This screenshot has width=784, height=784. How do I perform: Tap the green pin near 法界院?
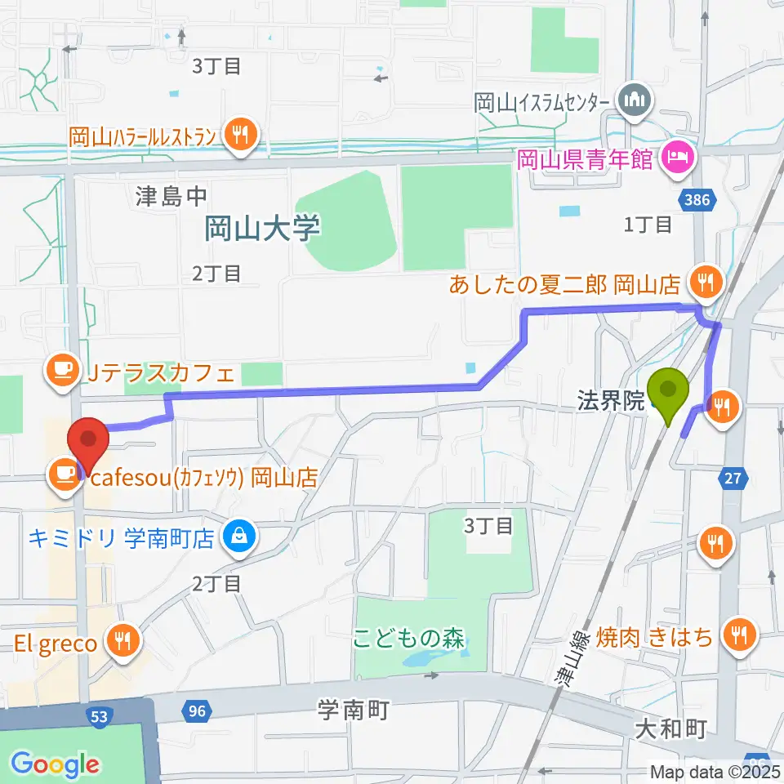coord(669,395)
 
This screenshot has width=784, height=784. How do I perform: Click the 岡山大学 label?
coord(261,228)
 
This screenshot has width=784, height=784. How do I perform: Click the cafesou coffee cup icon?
coord(64,474)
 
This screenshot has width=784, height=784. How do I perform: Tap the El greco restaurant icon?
coord(122,642)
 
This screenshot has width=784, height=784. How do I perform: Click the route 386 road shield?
coord(693,198)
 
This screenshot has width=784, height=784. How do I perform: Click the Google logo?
coord(55,764)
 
